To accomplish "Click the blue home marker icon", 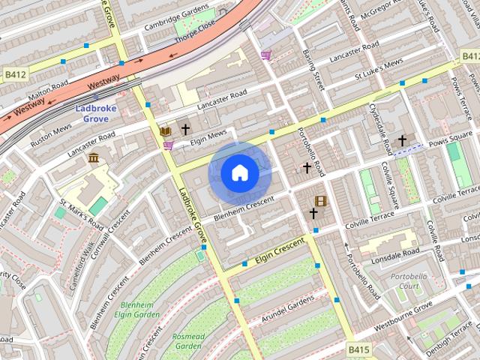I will tap(239, 173).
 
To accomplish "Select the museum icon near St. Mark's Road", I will tap(94, 157).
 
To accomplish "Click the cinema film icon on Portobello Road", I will tap(321, 201).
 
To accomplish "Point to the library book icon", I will tap(165, 131).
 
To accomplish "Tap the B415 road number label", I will tap(359, 349).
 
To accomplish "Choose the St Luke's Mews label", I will tap(379, 70).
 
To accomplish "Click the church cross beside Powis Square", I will tap(402, 140).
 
